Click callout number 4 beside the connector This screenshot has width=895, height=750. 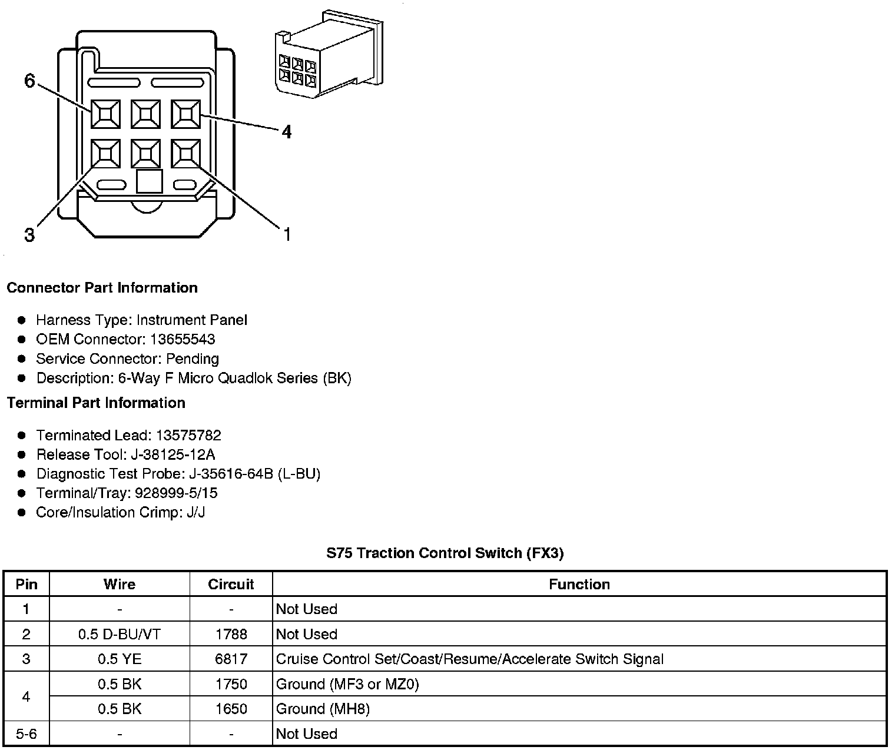pos(286,132)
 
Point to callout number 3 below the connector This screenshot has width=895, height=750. pos(29,235)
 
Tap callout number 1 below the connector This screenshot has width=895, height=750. pos(287,235)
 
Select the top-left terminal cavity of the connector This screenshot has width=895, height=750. pos(105,114)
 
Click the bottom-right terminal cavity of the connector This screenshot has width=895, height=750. pos(186,154)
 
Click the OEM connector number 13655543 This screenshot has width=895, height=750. pos(183,339)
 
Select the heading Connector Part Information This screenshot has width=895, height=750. pos(102,288)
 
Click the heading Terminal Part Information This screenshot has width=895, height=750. pos(96,403)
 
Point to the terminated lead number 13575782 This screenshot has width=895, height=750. pos(188,435)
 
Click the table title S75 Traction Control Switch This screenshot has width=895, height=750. pos(445,553)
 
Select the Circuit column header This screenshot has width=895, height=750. pos(231,584)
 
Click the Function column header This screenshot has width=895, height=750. pos(579,584)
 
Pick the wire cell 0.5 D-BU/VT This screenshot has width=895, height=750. pos(120,634)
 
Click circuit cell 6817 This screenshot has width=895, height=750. pos(231,659)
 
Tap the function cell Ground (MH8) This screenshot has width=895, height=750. pos(323,709)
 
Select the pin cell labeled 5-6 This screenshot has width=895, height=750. pos(26,734)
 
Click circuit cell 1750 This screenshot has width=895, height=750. pos(231,684)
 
